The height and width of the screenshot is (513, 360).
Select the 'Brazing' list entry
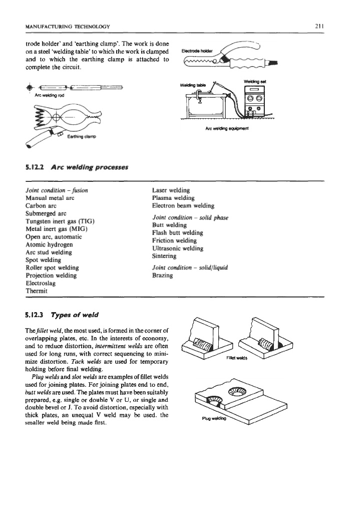[x=163, y=276]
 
